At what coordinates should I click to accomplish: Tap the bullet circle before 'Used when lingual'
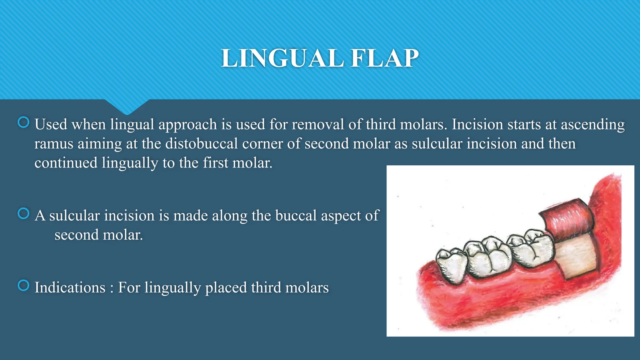click(x=23, y=122)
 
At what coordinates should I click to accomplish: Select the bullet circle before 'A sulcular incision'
click(x=23, y=213)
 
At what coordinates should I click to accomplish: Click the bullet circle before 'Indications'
click(x=23, y=285)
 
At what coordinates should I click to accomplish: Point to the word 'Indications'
click(x=70, y=287)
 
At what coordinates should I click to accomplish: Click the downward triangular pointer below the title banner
click(x=127, y=106)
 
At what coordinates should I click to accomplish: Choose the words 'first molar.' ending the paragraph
click(x=237, y=163)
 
